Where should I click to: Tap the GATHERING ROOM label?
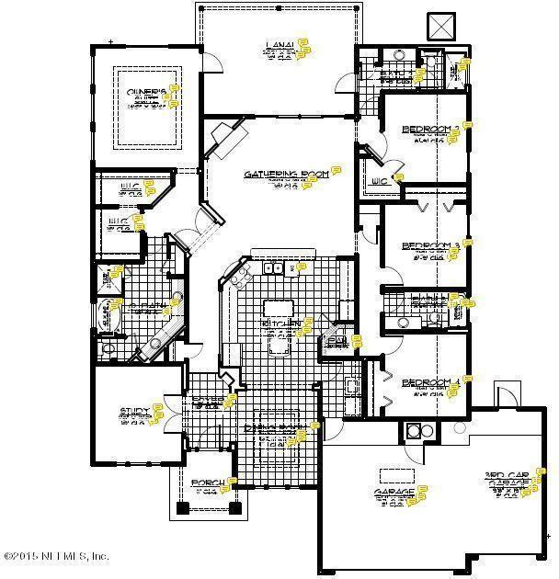[x=286, y=174]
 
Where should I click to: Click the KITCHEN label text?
[x=279, y=324]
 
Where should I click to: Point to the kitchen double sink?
[x=273, y=268]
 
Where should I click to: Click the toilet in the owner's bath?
[x=107, y=348]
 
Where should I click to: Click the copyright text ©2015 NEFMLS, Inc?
[x=56, y=556]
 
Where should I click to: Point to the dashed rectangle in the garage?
[x=396, y=474]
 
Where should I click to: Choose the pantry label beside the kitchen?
[x=337, y=341]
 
